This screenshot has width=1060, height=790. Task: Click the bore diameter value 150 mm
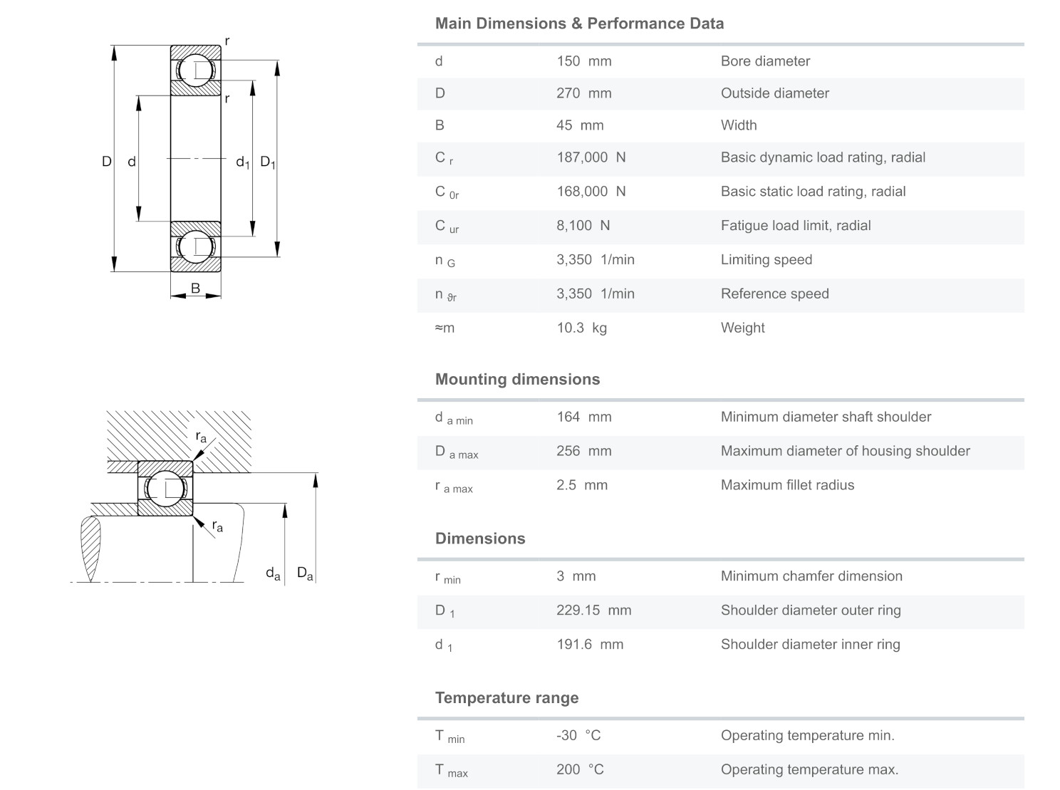(x=583, y=61)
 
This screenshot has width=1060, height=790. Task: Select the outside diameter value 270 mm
(x=583, y=93)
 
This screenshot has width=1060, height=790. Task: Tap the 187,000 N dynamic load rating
(x=591, y=157)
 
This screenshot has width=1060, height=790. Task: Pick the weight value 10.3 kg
(x=581, y=328)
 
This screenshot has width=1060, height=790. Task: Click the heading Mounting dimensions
(x=517, y=379)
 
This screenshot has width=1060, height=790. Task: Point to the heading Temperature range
(x=506, y=698)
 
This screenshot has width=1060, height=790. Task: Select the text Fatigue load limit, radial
(x=795, y=226)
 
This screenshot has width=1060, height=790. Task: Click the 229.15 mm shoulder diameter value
(x=593, y=610)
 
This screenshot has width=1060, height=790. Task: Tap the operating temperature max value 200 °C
(x=580, y=769)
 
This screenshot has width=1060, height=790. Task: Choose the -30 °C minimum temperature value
(x=578, y=735)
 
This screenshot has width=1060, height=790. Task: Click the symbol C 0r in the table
(x=447, y=192)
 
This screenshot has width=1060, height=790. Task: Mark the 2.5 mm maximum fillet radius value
(x=582, y=485)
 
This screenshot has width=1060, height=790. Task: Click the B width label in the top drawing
(x=195, y=288)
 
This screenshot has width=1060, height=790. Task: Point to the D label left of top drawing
(x=106, y=162)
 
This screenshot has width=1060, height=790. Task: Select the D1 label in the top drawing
(x=267, y=162)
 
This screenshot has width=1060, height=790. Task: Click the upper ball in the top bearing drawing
(x=194, y=70)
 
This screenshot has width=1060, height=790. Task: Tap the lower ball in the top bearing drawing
(x=194, y=246)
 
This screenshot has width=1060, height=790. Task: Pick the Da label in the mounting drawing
(x=305, y=573)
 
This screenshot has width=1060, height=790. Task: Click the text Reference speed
(x=774, y=293)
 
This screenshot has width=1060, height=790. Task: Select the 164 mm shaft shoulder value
(x=583, y=417)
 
